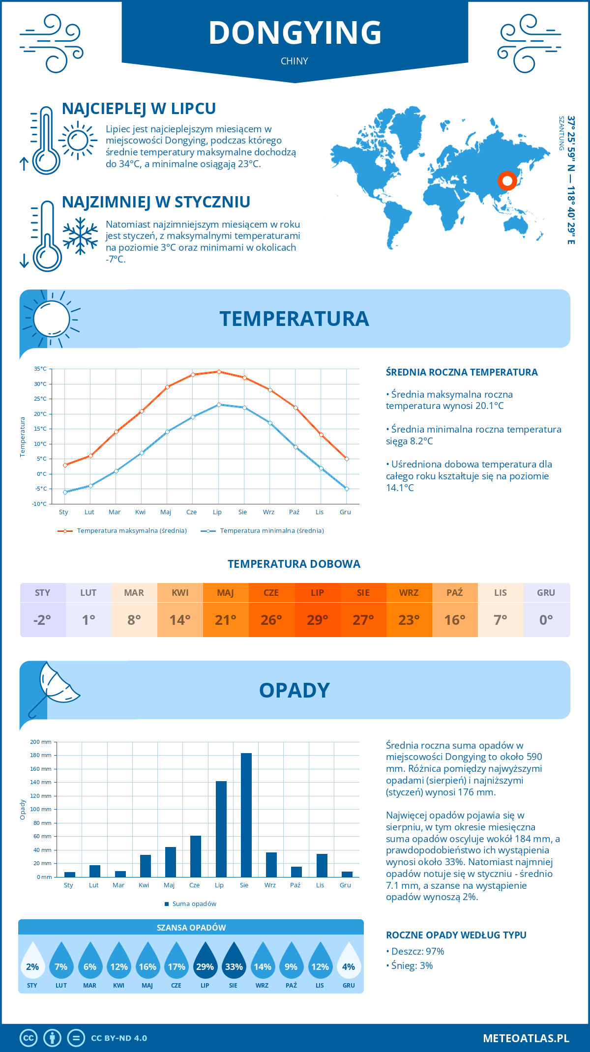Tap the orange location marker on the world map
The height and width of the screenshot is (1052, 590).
[507, 180]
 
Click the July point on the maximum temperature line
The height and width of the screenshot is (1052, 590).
[219, 372]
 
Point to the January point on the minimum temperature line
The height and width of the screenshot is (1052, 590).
[65, 492]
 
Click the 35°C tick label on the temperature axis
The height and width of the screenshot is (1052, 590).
[40, 369]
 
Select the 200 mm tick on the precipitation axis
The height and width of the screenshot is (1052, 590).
[41, 742]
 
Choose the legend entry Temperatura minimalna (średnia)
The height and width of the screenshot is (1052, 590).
[271, 531]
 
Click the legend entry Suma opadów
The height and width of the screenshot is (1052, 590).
[194, 904]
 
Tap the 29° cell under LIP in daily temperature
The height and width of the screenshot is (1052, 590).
[317, 620]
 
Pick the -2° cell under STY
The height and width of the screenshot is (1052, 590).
[42, 620]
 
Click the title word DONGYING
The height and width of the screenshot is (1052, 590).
[295, 33]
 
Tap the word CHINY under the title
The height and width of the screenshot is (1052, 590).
[295, 61]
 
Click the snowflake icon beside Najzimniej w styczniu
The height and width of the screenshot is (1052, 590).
[80, 236]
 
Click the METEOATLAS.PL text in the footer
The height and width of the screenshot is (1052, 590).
[526, 1038]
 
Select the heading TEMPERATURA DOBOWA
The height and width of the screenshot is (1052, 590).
[294, 564]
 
